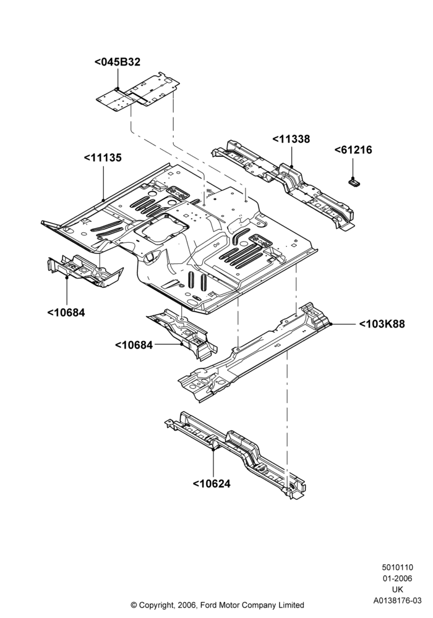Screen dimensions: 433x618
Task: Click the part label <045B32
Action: pos(117,62)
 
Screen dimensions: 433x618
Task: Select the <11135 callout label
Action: pos(103,158)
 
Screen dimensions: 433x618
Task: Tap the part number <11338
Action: pos(291,139)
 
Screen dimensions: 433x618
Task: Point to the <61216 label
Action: pos(353,150)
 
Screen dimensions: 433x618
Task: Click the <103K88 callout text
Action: pos(382,324)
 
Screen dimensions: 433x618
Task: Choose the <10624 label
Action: pos(212,484)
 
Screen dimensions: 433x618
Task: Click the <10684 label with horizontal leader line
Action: pos(134,345)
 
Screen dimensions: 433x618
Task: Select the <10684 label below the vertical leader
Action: pos(66,313)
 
